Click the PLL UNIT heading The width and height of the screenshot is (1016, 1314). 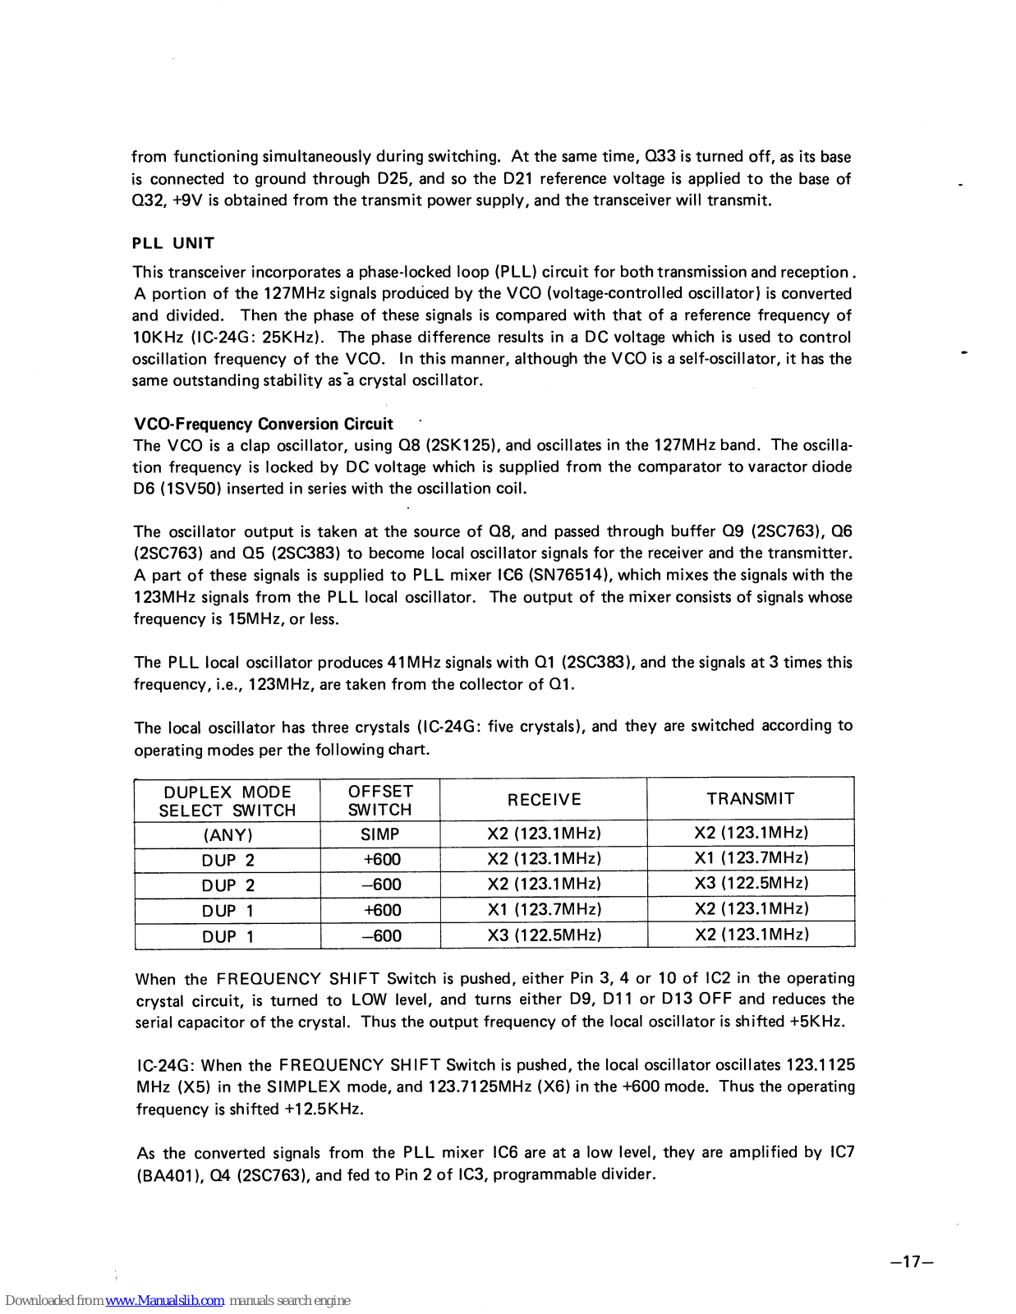173,243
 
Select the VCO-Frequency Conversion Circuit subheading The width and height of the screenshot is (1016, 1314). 264,424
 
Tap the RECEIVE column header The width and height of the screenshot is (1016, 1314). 544,799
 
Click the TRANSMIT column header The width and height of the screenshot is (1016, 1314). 751,798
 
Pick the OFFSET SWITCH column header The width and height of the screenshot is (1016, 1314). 380,800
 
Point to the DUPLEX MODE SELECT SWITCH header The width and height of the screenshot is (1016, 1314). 228,801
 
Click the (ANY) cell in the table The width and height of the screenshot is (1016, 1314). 228,835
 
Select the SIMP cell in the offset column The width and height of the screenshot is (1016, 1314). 380,834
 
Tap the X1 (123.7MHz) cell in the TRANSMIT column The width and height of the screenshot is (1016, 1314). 752,857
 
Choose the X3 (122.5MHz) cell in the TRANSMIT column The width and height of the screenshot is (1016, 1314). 752,883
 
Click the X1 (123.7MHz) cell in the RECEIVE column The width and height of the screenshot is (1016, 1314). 545,909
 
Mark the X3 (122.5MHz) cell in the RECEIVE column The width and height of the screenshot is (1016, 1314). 545,935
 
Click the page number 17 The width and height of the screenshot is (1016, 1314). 912,1261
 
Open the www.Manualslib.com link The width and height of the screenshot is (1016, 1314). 165,1300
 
